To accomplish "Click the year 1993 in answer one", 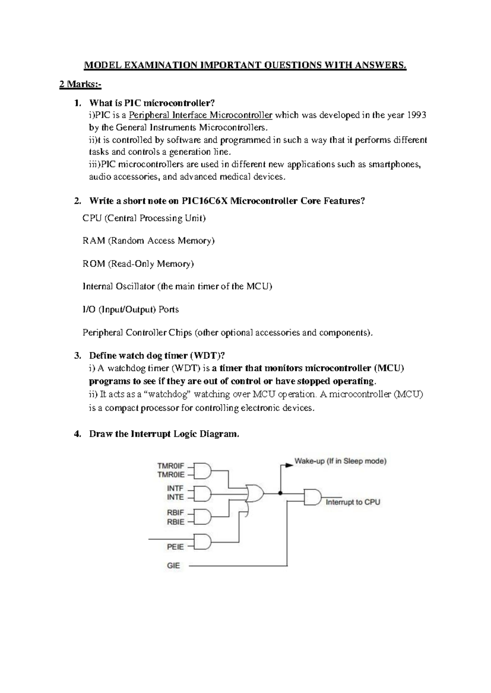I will [x=417, y=115].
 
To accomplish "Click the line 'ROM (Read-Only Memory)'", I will [x=138, y=264].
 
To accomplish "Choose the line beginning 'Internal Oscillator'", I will [x=177, y=286].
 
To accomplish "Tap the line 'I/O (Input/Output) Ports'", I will [x=131, y=309].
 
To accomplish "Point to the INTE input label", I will [x=175, y=497].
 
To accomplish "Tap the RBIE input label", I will [x=175, y=522].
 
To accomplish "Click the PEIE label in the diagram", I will [x=175, y=547].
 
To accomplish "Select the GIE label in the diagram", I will [x=173, y=566].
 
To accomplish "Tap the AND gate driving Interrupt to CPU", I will [x=313, y=496].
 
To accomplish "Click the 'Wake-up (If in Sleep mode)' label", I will [x=340, y=461].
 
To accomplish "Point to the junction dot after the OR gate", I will [x=280, y=493].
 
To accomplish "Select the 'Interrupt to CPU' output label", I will [x=353, y=502].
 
